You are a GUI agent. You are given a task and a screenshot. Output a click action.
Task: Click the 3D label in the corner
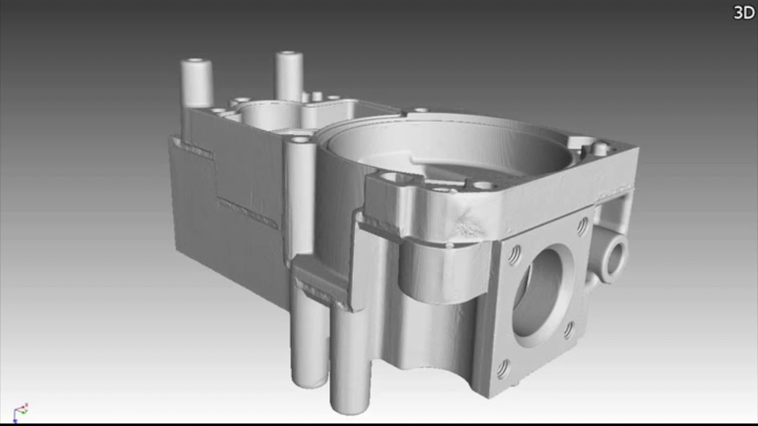744,13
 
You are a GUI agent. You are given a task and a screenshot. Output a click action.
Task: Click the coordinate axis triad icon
20,412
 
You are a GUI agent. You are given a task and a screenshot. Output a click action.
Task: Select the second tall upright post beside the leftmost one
288,76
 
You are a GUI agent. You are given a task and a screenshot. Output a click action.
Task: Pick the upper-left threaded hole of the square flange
515,255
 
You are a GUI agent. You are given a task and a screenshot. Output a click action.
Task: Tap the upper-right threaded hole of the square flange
582,226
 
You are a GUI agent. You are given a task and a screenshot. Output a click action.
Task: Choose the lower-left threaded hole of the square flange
503,369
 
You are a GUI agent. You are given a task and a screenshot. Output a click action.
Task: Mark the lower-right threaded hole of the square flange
568,330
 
